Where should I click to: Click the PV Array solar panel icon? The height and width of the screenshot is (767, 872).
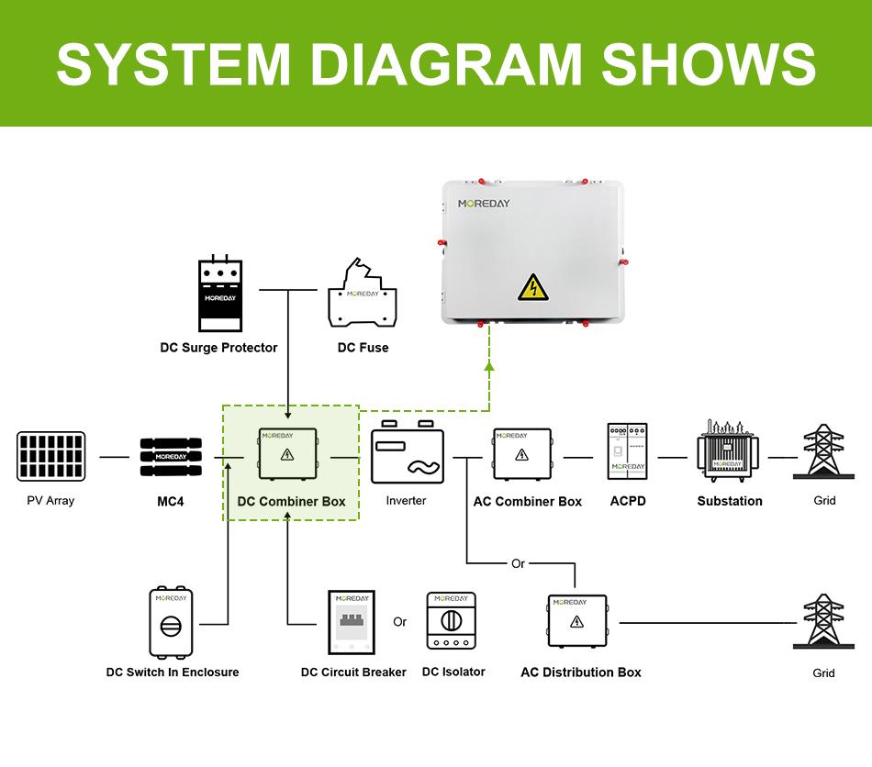click(x=51, y=456)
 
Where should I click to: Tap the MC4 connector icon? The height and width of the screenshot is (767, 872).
click(x=171, y=457)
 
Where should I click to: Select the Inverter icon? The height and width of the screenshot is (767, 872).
click(x=408, y=452)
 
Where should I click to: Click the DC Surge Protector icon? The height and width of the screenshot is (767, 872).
click(x=220, y=294)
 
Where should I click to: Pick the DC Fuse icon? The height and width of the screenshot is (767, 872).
click(x=362, y=293)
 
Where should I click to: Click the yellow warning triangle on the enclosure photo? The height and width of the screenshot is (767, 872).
click(x=533, y=287)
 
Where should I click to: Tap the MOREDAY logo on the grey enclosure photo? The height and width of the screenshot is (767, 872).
click(x=484, y=204)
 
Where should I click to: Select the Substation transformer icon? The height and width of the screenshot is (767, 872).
click(x=728, y=450)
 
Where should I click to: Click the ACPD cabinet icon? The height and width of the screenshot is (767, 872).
click(x=627, y=451)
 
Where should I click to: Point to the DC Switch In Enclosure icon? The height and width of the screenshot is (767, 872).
click(x=171, y=622)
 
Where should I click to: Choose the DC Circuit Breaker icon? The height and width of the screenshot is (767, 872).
click(x=352, y=622)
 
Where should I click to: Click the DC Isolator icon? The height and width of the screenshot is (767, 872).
click(x=451, y=621)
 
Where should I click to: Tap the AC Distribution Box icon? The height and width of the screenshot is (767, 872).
click(x=577, y=621)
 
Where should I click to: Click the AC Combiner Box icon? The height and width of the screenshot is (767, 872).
click(x=522, y=454)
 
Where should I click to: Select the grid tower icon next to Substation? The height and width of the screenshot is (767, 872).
click(x=823, y=451)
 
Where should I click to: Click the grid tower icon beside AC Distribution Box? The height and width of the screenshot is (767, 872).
click(x=823, y=621)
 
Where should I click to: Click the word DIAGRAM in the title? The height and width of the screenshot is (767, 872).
click(x=445, y=64)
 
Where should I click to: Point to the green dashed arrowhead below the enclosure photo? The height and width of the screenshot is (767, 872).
click(x=489, y=365)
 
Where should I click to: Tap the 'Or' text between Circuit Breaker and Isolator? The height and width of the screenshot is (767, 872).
click(x=400, y=622)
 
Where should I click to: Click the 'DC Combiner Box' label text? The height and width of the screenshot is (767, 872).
click(x=291, y=501)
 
